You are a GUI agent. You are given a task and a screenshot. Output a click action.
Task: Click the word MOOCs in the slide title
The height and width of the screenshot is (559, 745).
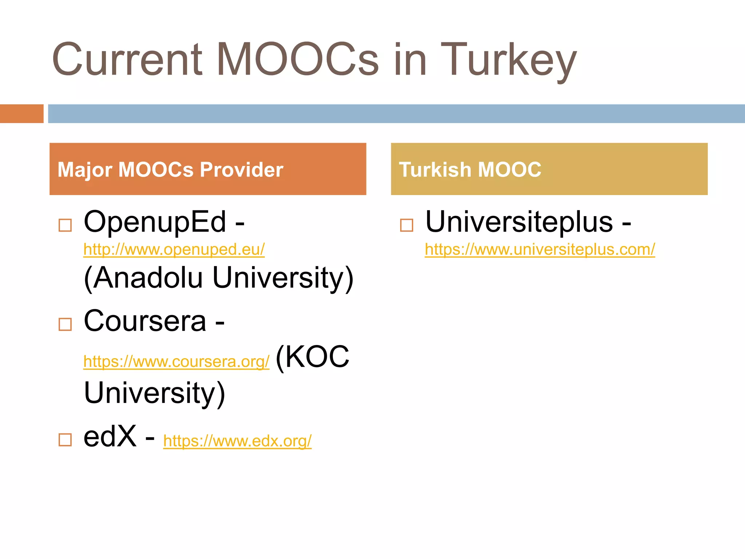298,59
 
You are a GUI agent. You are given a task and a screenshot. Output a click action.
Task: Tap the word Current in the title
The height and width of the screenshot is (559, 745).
127,59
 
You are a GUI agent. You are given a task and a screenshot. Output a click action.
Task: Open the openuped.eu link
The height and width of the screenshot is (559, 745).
174,250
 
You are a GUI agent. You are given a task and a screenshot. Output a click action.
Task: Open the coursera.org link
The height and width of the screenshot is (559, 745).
176,362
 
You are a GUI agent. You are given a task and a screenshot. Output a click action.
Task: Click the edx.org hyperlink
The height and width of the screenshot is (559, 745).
237,441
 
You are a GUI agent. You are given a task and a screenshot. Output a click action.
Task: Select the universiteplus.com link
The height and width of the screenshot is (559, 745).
540,250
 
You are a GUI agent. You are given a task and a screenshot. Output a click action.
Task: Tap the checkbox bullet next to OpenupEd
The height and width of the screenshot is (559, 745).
65,225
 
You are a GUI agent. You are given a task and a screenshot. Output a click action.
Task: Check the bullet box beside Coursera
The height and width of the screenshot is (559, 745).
65,324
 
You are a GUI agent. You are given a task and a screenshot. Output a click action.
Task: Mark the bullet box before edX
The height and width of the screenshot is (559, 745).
65,440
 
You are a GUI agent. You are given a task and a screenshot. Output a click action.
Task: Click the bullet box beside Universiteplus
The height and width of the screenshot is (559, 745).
406,225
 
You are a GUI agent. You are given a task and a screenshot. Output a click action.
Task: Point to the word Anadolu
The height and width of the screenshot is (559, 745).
143,278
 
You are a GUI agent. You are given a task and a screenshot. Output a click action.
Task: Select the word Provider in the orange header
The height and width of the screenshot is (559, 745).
241,170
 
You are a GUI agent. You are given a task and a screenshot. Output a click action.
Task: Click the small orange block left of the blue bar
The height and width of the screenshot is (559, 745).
21,114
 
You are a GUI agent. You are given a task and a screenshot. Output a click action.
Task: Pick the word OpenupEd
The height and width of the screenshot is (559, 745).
155,222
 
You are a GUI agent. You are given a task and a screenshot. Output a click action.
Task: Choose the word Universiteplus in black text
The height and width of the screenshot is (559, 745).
519,222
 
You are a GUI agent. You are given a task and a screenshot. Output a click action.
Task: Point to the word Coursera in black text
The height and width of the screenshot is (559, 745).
145,321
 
